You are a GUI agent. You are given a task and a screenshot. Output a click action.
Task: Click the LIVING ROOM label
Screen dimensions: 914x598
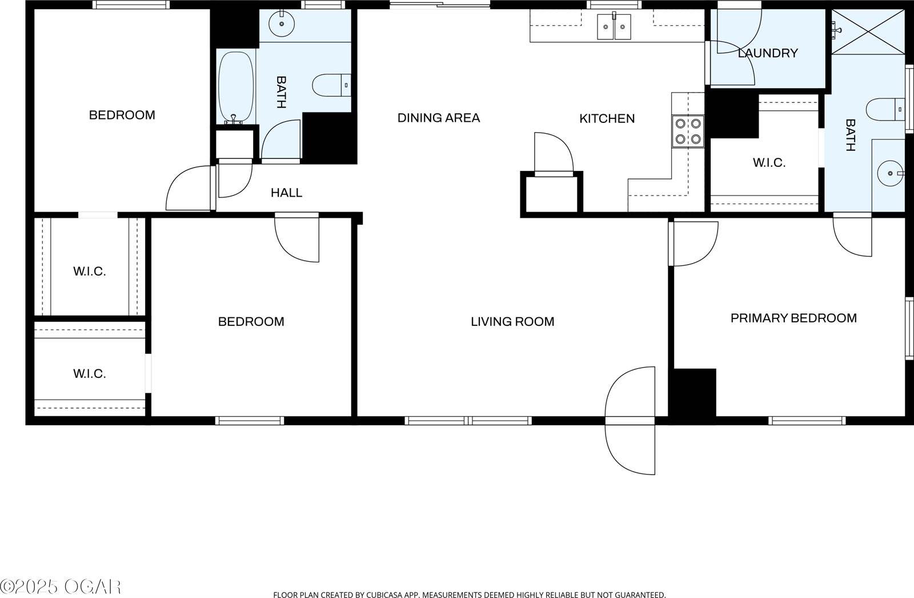click(x=512, y=322)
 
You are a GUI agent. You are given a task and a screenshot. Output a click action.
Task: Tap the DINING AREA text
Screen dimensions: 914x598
click(x=439, y=118)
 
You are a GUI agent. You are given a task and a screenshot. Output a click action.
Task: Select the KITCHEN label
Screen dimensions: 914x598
click(x=607, y=119)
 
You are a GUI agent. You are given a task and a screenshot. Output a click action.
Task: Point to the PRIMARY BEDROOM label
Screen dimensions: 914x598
click(x=793, y=318)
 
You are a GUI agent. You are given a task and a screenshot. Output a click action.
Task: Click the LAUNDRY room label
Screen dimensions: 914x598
click(x=768, y=53)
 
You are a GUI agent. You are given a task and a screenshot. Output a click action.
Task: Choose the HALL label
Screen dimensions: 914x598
click(x=286, y=193)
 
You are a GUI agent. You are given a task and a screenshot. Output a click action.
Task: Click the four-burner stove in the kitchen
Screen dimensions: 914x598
click(x=688, y=131)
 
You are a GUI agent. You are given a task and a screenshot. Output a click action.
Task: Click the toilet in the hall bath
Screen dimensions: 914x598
click(x=332, y=85)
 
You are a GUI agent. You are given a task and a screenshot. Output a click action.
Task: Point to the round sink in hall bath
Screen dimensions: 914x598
click(x=282, y=23)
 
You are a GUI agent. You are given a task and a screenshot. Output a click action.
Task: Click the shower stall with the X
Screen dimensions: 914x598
click(x=868, y=32)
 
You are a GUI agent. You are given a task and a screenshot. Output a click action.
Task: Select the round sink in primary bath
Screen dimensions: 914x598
click(x=890, y=174)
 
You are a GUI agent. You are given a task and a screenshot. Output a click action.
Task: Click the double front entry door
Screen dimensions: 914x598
click(x=630, y=421)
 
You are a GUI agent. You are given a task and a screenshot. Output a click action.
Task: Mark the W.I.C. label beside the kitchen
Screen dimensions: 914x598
click(x=769, y=163)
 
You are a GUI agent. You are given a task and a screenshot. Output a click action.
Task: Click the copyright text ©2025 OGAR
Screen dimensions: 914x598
click(x=61, y=587)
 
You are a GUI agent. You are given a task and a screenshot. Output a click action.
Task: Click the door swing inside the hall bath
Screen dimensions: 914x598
click(x=280, y=139)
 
